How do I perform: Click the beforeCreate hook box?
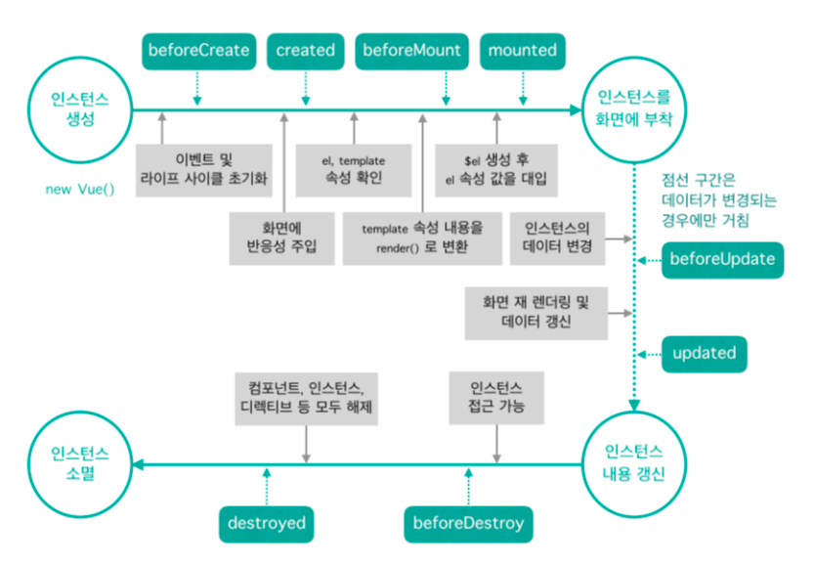point(197,50)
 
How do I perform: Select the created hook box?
point(305,50)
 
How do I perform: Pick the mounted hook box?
point(522,50)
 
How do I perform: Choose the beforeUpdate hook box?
point(722,259)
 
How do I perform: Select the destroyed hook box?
point(266,523)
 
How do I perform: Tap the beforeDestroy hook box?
point(470,523)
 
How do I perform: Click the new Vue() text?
point(80,189)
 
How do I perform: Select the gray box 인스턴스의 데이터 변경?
point(558,237)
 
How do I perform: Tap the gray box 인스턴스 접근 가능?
point(496,396)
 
